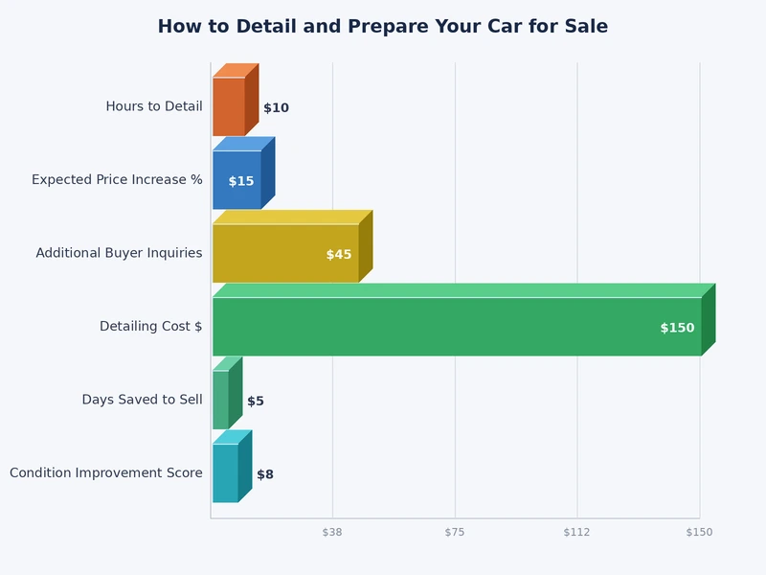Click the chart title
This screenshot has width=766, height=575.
coord(382,27)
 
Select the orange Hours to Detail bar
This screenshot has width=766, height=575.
coord(229,106)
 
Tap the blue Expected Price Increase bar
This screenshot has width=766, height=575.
coord(237,180)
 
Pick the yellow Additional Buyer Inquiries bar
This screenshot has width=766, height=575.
coord(285,253)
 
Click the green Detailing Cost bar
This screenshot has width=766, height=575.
coord(457,327)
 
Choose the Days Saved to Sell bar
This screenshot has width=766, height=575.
coord(221,400)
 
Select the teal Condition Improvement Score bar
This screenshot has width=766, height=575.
coord(226,472)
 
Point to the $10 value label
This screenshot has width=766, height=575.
coord(276,108)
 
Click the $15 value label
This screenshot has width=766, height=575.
coord(241,181)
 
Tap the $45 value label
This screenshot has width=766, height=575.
coord(339,255)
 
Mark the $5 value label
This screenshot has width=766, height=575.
coord(256,402)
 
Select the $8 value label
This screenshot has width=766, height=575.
coord(265,474)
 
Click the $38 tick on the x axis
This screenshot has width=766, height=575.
coord(332,532)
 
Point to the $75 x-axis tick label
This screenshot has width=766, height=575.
coord(455,532)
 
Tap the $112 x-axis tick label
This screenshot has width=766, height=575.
coord(576,532)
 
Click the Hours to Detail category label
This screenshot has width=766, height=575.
coord(154,106)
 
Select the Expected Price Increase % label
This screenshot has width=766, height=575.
coord(117,179)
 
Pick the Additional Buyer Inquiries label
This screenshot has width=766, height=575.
coord(119,253)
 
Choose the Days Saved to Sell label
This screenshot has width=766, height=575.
coord(142,400)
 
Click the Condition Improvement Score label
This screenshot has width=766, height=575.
coord(106,472)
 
